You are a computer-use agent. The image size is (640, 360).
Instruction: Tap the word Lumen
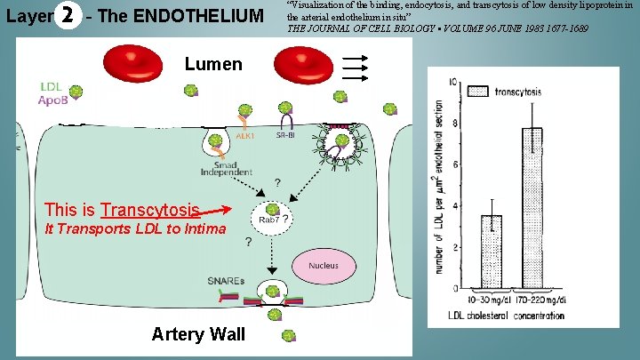[213, 64]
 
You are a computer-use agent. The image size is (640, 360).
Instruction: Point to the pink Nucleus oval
[323, 265]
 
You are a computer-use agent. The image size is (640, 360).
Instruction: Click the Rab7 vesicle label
[268, 219]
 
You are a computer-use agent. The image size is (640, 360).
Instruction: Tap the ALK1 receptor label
[245, 136]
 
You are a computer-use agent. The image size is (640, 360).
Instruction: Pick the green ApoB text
[50, 101]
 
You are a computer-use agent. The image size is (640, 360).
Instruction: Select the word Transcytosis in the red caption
[149, 210]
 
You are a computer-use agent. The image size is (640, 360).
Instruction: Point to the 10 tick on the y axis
[455, 82]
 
